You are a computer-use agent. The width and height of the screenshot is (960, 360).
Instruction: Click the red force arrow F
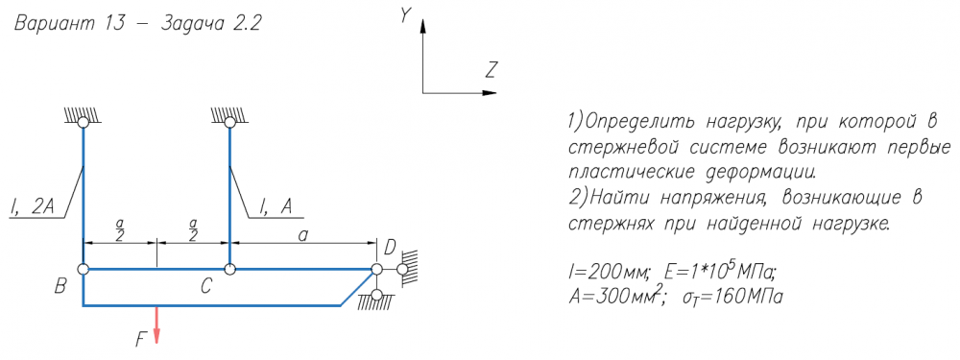pyautogui.click(x=156, y=324)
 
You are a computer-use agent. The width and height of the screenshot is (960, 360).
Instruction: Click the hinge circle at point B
pyautogui.click(x=83, y=269)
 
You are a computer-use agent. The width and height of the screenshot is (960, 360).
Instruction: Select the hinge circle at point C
pyautogui.click(x=229, y=269)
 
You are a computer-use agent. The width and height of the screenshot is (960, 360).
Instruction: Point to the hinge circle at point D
pyautogui.click(x=376, y=269)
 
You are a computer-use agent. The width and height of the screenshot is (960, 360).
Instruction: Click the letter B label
pyautogui.click(x=60, y=286)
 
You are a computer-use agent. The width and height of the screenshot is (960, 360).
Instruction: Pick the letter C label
pyautogui.click(x=207, y=286)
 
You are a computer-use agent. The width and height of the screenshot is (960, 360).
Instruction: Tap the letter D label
pyautogui.click(x=391, y=249)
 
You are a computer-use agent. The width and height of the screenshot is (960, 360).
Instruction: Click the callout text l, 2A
pyautogui.click(x=33, y=209)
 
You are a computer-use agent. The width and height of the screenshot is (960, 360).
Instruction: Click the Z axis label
pyautogui.click(x=491, y=71)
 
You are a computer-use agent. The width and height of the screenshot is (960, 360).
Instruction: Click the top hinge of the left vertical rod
pyautogui.click(x=83, y=123)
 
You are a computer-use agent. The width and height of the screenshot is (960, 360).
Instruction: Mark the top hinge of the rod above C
pyautogui.click(x=229, y=123)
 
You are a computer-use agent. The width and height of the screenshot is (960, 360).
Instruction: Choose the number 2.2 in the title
pyautogui.click(x=246, y=24)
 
